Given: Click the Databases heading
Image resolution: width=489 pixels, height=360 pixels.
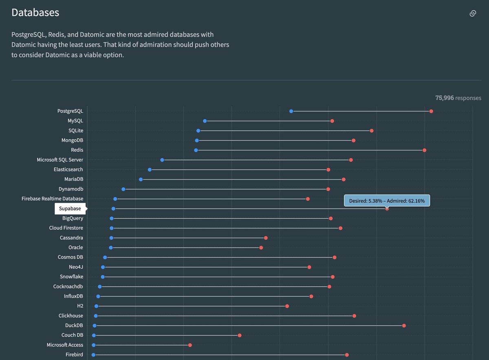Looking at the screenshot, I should (35, 13).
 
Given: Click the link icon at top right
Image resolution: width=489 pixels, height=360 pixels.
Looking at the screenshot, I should (473, 13).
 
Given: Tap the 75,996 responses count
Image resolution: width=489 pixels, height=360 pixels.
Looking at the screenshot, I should (458, 98).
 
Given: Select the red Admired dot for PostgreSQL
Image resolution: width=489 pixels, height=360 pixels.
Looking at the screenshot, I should (431, 111).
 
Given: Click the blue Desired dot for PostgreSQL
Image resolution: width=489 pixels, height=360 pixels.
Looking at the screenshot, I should (291, 111).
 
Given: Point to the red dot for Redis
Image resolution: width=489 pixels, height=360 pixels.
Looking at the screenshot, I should (424, 150).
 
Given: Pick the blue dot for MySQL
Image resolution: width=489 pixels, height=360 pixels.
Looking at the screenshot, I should (205, 121).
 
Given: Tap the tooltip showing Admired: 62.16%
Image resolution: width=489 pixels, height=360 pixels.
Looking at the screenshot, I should (387, 201).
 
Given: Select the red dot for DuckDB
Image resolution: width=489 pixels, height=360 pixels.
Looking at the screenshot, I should (404, 325).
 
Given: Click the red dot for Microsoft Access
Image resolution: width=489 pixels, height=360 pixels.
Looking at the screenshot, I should (190, 345).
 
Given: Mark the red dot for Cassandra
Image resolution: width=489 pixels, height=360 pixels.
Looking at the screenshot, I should (266, 238).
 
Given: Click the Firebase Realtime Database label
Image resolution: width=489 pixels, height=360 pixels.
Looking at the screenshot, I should (52, 199).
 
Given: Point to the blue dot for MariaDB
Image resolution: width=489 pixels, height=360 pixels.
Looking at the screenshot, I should (141, 179).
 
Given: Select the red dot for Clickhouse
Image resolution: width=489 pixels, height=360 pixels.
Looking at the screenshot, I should (354, 316).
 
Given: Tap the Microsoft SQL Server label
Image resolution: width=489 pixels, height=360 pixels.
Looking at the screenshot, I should (60, 160).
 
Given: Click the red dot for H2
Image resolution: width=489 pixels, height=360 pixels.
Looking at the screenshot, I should (287, 306).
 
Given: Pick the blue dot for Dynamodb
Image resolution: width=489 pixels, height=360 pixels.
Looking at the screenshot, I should (123, 189).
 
